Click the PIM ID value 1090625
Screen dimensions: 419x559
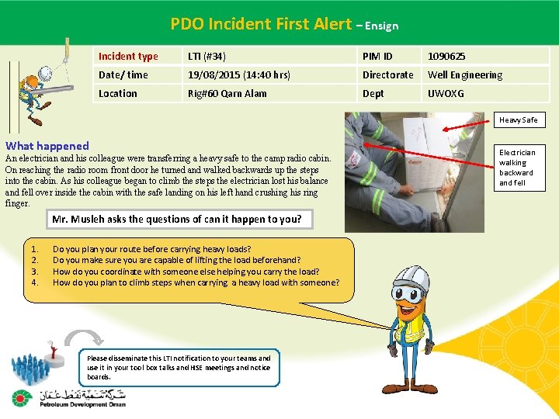(446, 56)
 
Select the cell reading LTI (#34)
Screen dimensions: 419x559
(207, 56)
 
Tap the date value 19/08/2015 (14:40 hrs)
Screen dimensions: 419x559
(239, 74)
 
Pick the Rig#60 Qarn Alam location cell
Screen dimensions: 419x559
(227, 93)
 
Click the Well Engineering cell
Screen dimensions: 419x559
(464, 74)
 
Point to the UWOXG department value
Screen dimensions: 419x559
(446, 93)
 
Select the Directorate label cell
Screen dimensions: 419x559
(387, 74)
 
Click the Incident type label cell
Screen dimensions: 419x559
(128, 56)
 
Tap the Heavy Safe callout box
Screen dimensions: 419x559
(518, 120)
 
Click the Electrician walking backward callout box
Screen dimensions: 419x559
(517, 168)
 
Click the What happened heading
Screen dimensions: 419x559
(47, 146)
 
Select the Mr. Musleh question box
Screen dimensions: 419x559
(176, 219)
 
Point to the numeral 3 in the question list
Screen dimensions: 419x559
(34, 272)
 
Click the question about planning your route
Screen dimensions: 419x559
(151, 250)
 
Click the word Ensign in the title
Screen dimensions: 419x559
(380, 26)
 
